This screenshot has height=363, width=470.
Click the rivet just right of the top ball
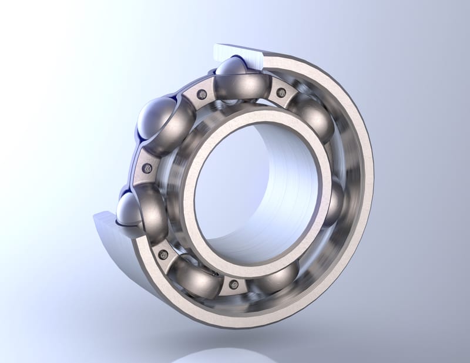pos(281,92)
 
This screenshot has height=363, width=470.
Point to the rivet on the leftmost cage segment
pos(146,169)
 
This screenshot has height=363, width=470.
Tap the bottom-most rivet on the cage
pos(234,285)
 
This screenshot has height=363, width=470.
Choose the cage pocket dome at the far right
pos(336,200)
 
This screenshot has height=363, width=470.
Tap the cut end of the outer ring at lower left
pos(112,226)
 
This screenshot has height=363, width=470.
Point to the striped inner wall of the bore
pos(282,188)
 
